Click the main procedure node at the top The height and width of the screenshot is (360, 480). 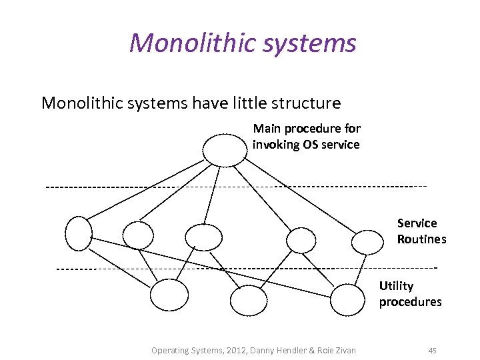(x=225, y=149)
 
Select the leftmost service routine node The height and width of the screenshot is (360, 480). (x=78, y=233)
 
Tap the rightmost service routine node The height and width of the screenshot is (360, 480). (x=368, y=242)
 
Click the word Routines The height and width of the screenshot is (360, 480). (x=421, y=239)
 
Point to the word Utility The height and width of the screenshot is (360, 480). (x=396, y=286)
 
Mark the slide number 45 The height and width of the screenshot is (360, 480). (x=432, y=350)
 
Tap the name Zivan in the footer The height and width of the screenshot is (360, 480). (x=343, y=350)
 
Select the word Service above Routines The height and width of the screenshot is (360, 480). (x=417, y=223)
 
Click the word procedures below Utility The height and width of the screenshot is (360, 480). (x=410, y=302)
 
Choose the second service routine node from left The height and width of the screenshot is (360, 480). (x=138, y=235)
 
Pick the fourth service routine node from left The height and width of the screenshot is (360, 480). (x=301, y=239)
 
